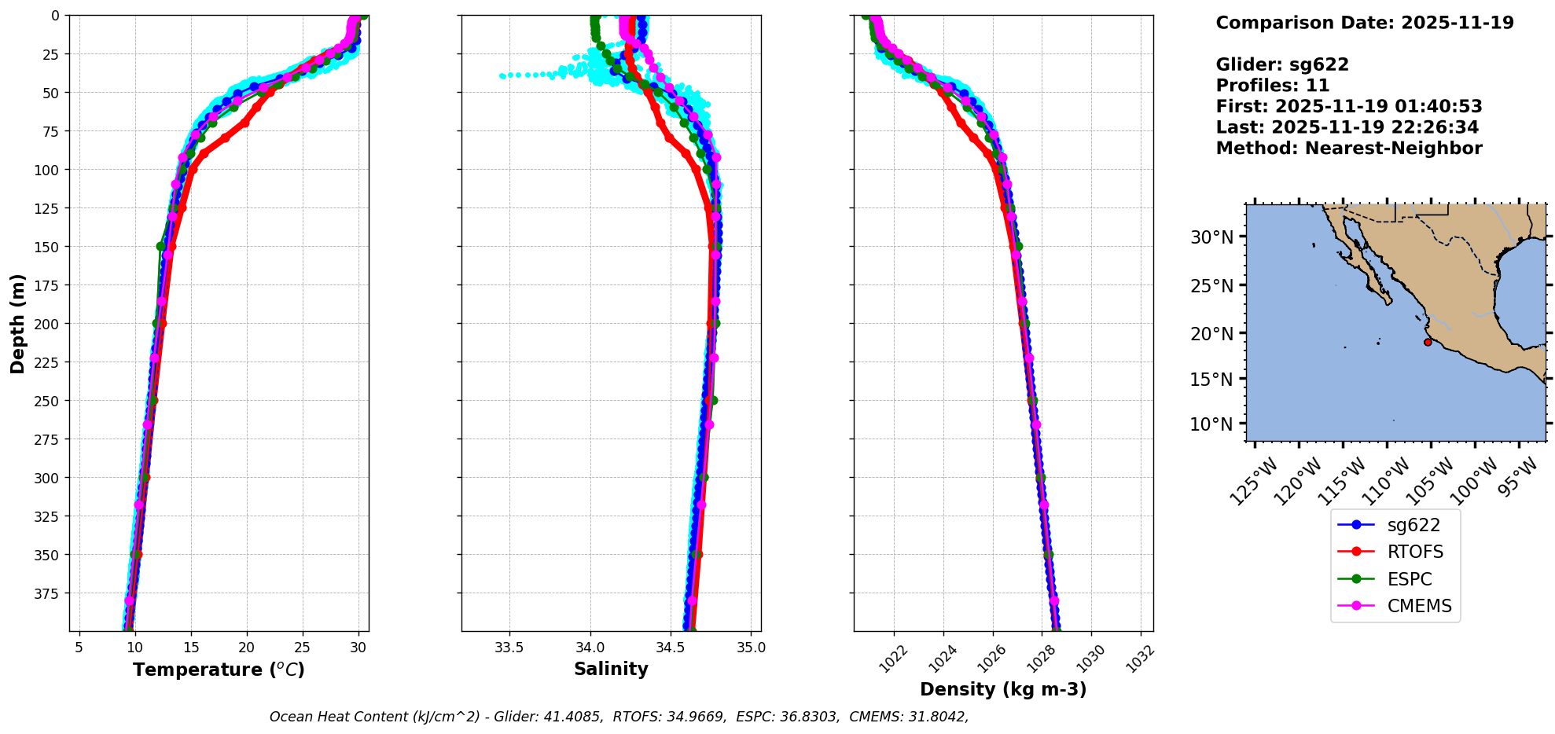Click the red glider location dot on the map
(x=1428, y=342)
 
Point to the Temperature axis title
(x=219, y=670)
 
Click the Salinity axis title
(x=611, y=669)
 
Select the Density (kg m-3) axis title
(x=1003, y=689)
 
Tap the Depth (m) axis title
(x=18, y=324)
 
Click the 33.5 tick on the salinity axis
(x=509, y=648)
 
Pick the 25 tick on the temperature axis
(x=303, y=648)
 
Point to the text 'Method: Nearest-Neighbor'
(x=1349, y=149)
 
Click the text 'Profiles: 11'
(x=1273, y=86)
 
